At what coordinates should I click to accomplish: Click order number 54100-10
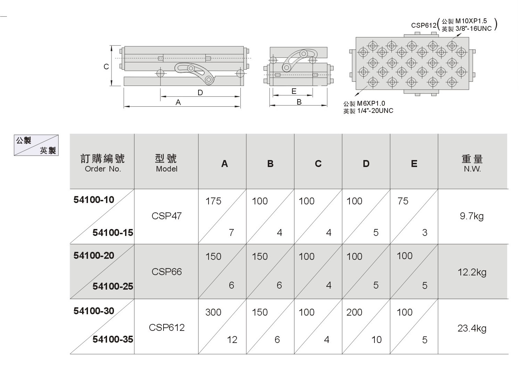coord(94,200)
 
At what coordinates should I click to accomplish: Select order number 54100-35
coord(113,339)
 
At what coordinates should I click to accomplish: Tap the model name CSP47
coord(167,216)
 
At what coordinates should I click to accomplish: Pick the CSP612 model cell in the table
coord(167,328)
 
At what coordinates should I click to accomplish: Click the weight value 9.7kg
coord(472,217)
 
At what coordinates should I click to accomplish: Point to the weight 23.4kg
coord(472,328)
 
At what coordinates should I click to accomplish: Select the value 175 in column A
coord(213,201)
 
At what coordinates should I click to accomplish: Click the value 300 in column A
coord(213,312)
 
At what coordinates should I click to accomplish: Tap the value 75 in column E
coord(403,201)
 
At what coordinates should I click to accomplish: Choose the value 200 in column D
coord(354,312)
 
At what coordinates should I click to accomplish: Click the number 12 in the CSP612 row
coord(232,340)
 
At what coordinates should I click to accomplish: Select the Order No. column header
coord(103,169)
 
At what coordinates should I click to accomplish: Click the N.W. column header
coord(472,169)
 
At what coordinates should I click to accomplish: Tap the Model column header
coord(167,169)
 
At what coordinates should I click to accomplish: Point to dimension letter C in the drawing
coord(106,67)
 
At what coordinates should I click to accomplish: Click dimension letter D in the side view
coord(200,92)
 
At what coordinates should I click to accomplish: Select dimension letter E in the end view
coord(294,91)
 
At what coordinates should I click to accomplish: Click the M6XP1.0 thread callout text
coord(371,103)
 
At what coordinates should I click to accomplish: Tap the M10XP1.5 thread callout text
coord(471,21)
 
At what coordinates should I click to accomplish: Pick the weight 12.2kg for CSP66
coord(472,272)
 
